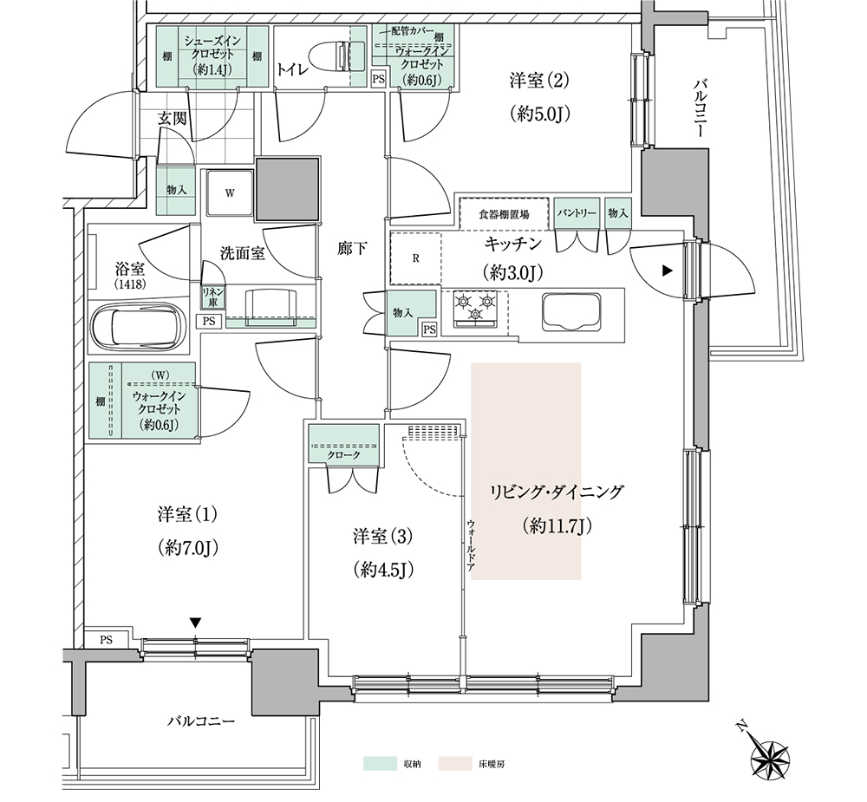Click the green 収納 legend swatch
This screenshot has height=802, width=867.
[381, 763]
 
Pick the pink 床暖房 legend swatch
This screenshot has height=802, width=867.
[456, 763]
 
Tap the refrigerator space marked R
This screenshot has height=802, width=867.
[416, 258]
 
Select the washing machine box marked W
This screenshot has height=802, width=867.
[230, 193]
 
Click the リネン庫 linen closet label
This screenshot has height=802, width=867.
[212, 297]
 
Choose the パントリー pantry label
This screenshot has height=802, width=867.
[577, 213]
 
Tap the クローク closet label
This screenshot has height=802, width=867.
[344, 454]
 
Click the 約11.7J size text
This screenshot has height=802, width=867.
[557, 526]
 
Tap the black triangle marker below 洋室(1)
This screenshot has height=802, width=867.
[195, 623]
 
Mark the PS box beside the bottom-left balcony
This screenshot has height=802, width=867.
[107, 639]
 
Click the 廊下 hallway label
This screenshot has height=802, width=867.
[353, 249]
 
